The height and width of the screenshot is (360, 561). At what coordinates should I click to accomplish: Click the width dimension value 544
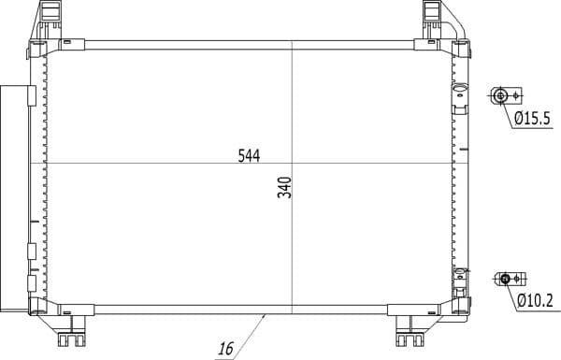tap(249, 155)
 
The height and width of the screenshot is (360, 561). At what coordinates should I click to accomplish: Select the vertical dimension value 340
tap(285, 187)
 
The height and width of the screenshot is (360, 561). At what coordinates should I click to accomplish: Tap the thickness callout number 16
tap(225, 349)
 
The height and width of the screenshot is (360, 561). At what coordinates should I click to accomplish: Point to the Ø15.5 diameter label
tap(532, 118)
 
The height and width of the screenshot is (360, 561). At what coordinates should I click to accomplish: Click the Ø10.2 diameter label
tap(535, 300)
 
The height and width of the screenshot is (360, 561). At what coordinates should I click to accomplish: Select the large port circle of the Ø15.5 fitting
tap(500, 96)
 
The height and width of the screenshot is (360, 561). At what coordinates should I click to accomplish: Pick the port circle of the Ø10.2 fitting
tap(505, 279)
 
